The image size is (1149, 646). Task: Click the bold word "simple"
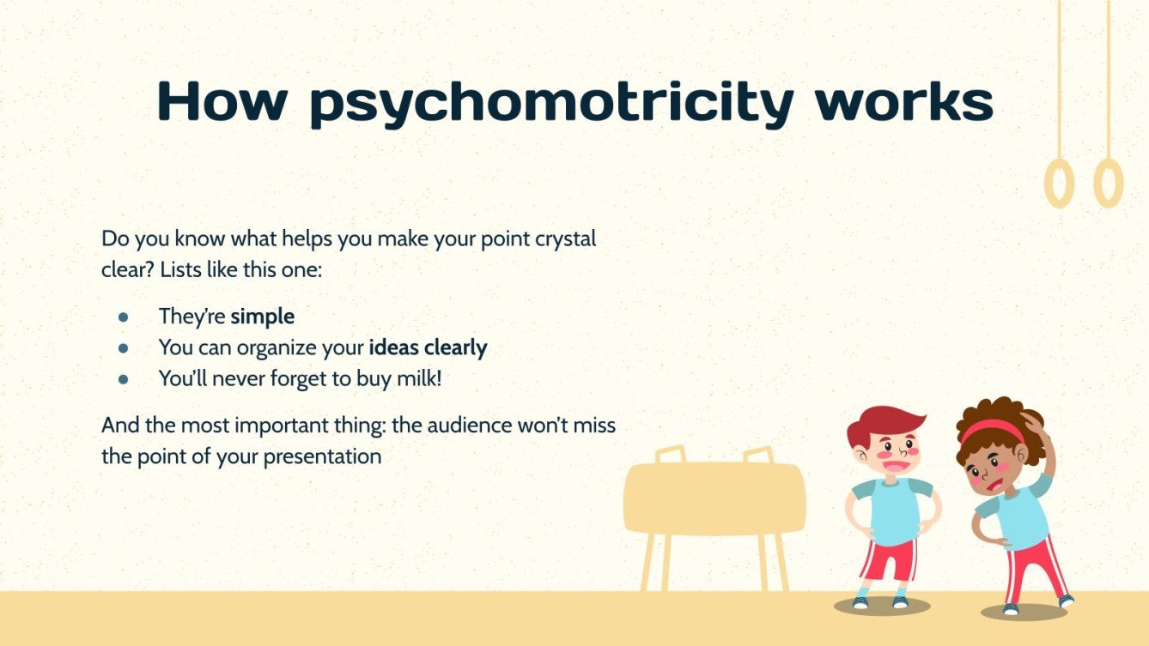(x=262, y=317)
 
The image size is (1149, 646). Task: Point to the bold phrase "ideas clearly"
(x=428, y=347)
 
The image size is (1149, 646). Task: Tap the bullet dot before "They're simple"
(x=123, y=317)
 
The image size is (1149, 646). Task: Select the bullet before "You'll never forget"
(x=123, y=378)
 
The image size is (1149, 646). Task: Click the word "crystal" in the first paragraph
(x=562, y=239)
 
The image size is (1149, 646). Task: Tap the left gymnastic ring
(x=1060, y=184)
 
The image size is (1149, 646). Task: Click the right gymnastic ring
(x=1109, y=184)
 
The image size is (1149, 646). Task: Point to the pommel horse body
(x=714, y=498)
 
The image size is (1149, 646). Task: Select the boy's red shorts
(x=888, y=559)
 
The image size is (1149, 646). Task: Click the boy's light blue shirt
(x=893, y=510)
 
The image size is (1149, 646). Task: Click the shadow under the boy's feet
(x=882, y=607)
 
